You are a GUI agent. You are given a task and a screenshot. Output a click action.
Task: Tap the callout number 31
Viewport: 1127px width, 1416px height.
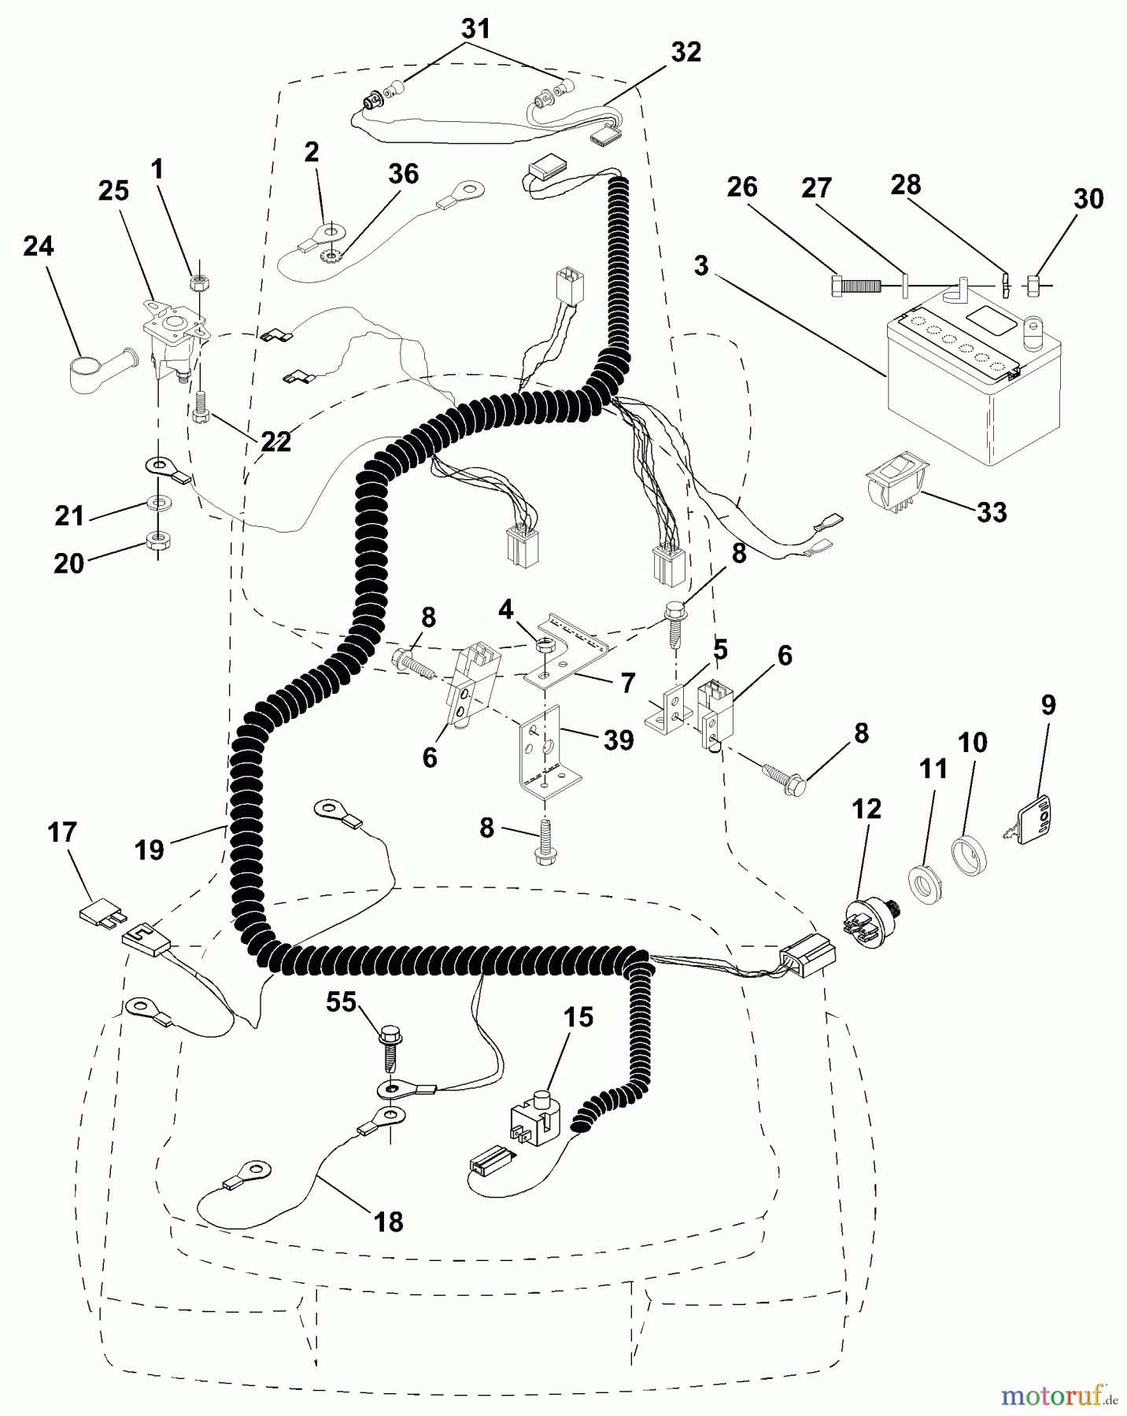pyautogui.click(x=475, y=30)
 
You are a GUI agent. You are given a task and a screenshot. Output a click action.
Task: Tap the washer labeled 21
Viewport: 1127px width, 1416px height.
pyautogui.click(x=159, y=501)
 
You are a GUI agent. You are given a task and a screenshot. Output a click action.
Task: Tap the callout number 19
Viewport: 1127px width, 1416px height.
pyautogui.click(x=150, y=850)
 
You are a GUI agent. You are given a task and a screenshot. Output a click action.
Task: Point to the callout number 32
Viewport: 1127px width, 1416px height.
pyautogui.click(x=685, y=52)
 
